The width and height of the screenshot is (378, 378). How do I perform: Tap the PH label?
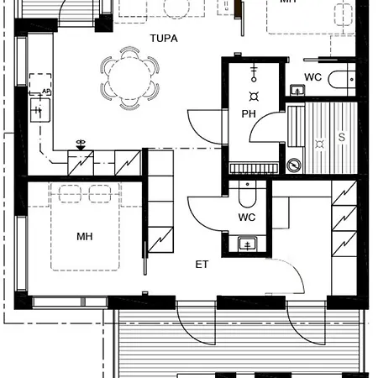(x=249, y=114)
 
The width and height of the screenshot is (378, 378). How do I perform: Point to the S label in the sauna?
(x=341, y=135)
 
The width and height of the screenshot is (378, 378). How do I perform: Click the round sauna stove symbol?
(x=293, y=165)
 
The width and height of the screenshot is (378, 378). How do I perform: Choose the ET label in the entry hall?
(x=202, y=264)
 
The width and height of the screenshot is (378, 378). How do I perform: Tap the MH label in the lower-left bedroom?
(x=84, y=237)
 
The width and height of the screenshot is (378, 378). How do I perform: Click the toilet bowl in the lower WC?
(x=248, y=197)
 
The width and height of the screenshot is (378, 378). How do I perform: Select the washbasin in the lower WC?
(x=247, y=244)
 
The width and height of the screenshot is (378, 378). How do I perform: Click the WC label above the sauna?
(x=313, y=77)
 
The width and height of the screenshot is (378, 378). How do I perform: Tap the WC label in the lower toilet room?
(x=247, y=218)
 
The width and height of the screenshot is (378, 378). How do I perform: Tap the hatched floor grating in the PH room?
(x=253, y=166)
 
